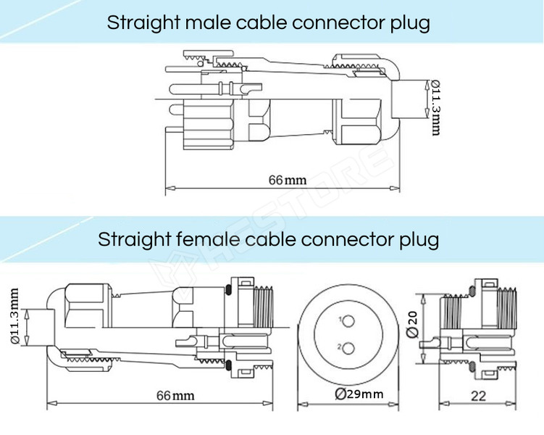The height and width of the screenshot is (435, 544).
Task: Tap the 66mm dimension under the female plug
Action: point(175,395)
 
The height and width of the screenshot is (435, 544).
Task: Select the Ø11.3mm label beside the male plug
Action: point(435,107)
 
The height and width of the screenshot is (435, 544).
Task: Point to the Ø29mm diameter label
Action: point(359,394)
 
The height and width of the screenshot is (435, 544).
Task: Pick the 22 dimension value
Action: point(479,395)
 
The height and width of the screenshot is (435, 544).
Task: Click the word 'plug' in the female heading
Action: point(419,239)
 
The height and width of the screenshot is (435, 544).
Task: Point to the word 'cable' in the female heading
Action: point(269,239)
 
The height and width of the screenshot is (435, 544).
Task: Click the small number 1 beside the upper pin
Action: point(340,319)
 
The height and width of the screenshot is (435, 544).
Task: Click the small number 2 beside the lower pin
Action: point(340,348)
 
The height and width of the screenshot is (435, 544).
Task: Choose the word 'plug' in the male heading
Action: point(410,22)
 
